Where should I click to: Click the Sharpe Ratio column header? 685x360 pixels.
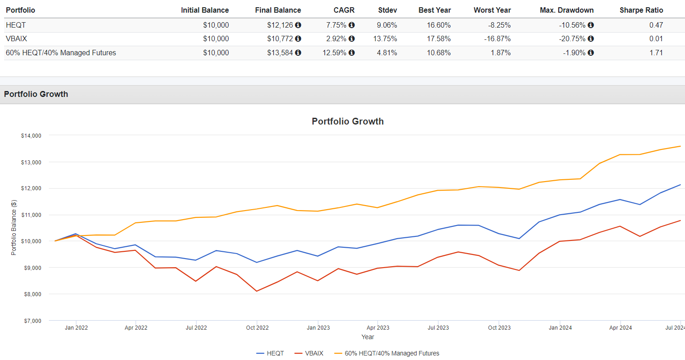click(641, 10)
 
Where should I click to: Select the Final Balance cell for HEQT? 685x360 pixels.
click(280, 25)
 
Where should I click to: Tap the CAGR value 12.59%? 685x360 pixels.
click(334, 53)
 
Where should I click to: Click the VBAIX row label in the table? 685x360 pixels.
click(16, 38)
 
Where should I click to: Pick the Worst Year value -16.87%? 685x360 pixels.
click(497, 38)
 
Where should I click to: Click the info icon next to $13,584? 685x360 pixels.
click(298, 53)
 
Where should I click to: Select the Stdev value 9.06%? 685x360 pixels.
click(387, 25)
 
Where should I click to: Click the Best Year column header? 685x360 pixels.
click(434, 10)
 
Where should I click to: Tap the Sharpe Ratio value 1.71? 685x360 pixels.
click(656, 53)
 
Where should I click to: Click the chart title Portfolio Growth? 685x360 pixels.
click(348, 121)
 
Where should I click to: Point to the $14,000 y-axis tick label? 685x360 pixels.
click(31, 135)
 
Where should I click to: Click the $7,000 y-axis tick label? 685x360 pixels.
click(33, 321)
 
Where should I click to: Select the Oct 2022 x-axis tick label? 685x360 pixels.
click(257, 327)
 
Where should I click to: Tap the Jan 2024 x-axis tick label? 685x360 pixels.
click(560, 327)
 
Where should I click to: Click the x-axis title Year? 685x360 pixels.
click(368, 337)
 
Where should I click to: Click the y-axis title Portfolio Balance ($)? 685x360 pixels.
click(14, 227)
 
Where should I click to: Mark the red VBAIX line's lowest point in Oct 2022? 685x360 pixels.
click(257, 291)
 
